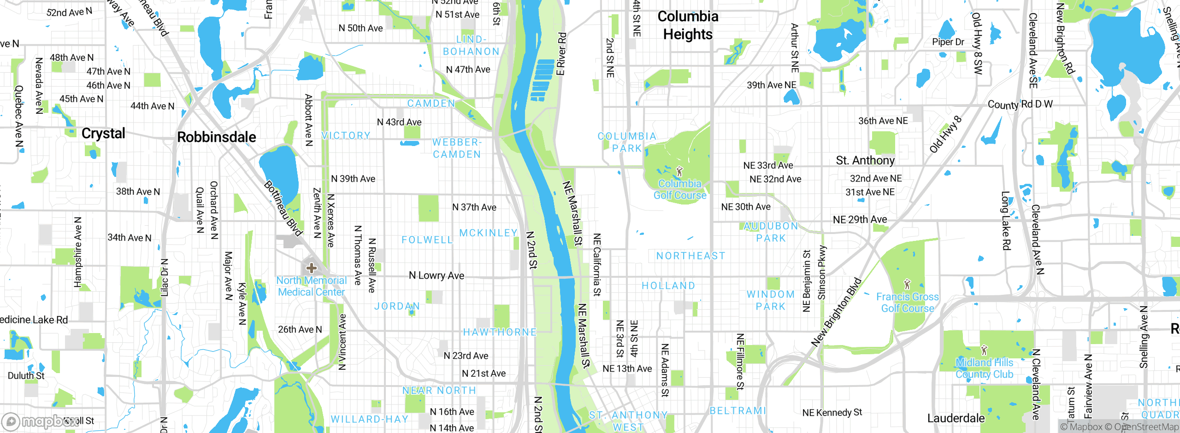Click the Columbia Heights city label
(688, 25)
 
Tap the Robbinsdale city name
(217, 137)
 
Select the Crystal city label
(103, 134)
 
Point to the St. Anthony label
(865, 160)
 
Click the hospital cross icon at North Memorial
(312, 268)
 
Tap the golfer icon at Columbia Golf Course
(679, 172)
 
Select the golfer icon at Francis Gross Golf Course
(907, 284)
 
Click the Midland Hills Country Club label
(984, 369)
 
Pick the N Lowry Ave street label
(437, 275)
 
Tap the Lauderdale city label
(956, 418)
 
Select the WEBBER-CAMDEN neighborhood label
(457, 148)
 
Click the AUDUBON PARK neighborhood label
(771, 232)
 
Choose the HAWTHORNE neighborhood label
(500, 332)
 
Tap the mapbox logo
(39, 421)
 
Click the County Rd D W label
(1020, 105)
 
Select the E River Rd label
(561, 54)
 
